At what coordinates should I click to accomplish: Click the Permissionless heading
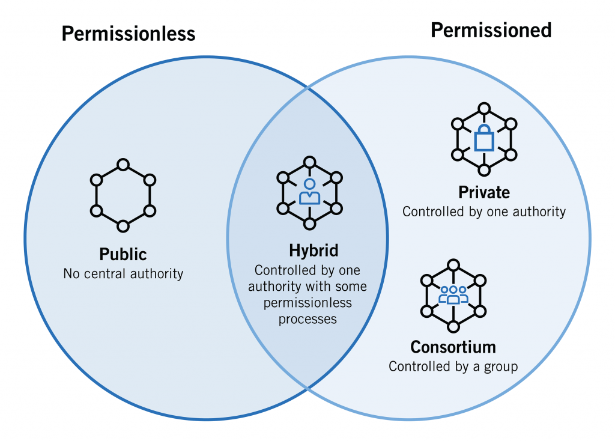point(129,34)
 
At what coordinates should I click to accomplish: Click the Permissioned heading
point(491,29)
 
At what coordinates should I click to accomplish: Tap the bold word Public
point(123,254)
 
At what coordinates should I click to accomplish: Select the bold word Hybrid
point(309,251)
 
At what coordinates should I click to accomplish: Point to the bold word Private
point(484,192)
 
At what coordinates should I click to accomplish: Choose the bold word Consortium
point(453,347)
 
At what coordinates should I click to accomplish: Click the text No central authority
point(123,273)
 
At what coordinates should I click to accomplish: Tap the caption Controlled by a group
point(453,366)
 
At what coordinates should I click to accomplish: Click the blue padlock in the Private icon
point(484,140)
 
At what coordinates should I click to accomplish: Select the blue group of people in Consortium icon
point(453,294)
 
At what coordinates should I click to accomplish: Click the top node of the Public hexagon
point(123,164)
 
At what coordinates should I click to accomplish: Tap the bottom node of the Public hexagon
point(123,226)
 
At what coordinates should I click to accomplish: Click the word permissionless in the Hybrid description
point(308,303)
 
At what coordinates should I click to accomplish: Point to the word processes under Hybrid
point(307,319)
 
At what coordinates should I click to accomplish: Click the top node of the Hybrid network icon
point(309,162)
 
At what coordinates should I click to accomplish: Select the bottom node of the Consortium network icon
point(453,327)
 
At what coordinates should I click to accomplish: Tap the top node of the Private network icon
point(484,108)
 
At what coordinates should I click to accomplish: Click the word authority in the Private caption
point(538,211)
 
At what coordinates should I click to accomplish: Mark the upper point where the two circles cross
point(307,88)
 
